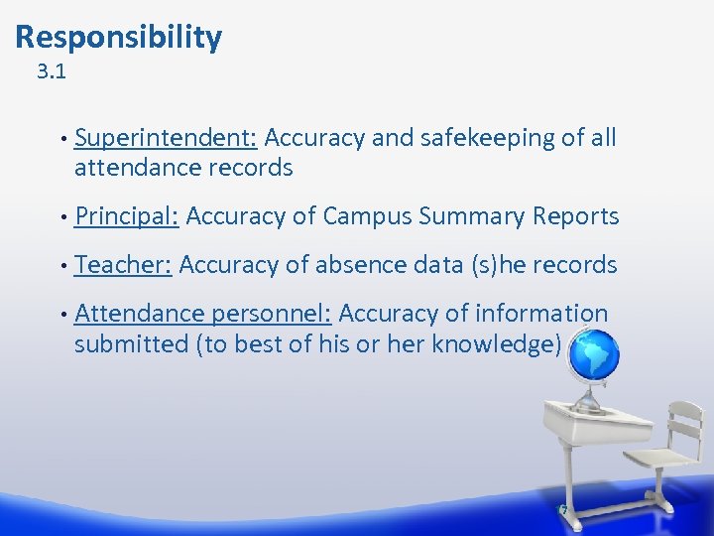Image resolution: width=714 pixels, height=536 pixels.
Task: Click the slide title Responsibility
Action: pos(119,38)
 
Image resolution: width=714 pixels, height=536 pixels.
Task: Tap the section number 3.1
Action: pos(51,72)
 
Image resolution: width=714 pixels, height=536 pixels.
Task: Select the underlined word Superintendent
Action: pos(166,138)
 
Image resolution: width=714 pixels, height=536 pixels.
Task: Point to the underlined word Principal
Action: pos(126,216)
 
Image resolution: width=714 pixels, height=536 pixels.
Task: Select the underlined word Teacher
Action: pos(124,265)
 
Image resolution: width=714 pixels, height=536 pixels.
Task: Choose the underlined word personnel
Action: pos(271,315)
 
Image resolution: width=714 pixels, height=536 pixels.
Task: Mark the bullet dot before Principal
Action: pos(62,216)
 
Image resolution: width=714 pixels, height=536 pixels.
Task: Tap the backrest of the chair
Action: pos(683,423)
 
